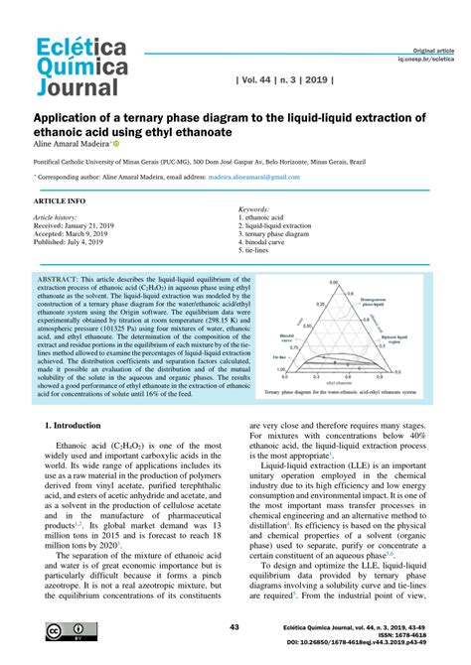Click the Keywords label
[x=254, y=210]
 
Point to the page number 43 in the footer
[x=235, y=628]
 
